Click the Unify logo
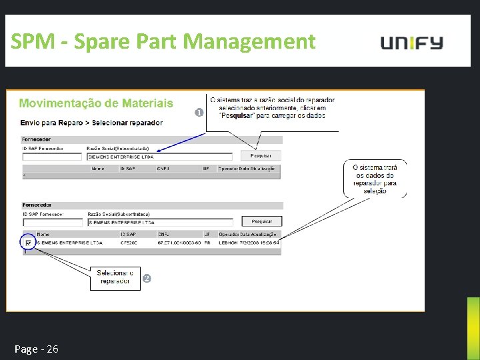point(411,43)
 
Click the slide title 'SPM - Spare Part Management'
point(163,42)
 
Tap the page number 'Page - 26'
point(37,349)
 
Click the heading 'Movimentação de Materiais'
point(96,103)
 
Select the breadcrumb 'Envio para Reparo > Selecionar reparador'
point(91,123)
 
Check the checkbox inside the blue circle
point(28,243)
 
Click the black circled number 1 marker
point(199,112)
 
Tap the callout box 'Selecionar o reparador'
point(115,277)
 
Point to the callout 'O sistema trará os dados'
point(375,179)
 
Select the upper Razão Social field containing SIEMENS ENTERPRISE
point(159,157)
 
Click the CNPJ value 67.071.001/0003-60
point(179,243)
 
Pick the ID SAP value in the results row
point(129,243)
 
